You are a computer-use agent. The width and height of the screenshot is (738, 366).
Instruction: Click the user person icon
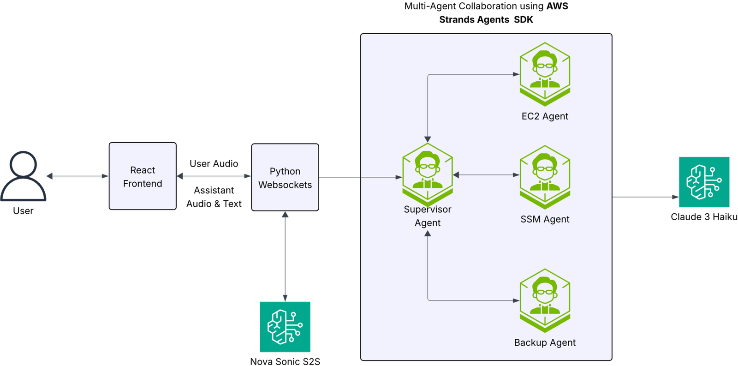pyautogui.click(x=24, y=176)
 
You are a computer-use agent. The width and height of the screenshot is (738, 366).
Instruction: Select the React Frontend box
pyautogui.click(x=143, y=176)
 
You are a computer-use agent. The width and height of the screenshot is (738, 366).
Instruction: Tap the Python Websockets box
pyautogui.click(x=285, y=178)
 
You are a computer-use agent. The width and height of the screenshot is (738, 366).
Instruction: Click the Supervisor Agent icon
pyautogui.click(x=428, y=174)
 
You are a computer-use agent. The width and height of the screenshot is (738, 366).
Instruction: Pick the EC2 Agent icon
pyautogui.click(x=545, y=74)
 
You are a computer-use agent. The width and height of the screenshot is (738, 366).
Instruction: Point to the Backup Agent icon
pyautogui.click(x=545, y=300)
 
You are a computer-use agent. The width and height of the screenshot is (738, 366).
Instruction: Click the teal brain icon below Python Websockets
pyautogui.click(x=285, y=327)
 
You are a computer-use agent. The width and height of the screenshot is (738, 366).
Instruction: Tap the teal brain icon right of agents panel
pyautogui.click(x=704, y=182)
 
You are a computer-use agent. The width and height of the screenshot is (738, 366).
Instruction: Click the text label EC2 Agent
pyautogui.click(x=545, y=116)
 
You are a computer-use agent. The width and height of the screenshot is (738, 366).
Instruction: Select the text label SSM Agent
pyautogui.click(x=545, y=219)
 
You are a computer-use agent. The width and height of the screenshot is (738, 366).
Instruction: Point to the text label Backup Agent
pyautogui.click(x=545, y=342)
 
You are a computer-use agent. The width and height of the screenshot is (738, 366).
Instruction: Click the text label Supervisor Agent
pyautogui.click(x=428, y=216)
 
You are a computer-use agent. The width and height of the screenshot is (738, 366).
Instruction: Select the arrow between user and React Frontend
pyautogui.click(x=77, y=176)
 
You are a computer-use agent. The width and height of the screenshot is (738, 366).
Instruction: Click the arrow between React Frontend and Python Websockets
pyautogui.click(x=214, y=176)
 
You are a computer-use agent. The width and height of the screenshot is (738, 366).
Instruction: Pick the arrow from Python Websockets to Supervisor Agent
pyautogui.click(x=360, y=177)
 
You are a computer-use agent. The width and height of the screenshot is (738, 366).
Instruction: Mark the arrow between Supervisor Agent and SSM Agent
pyautogui.click(x=486, y=175)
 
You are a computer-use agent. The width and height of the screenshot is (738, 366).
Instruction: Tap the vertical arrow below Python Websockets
pyautogui.click(x=285, y=256)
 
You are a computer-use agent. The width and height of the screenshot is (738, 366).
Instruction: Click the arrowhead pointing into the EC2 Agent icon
pyautogui.click(x=516, y=74)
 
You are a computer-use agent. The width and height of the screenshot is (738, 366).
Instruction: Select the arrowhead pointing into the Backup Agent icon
pyautogui.click(x=516, y=300)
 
